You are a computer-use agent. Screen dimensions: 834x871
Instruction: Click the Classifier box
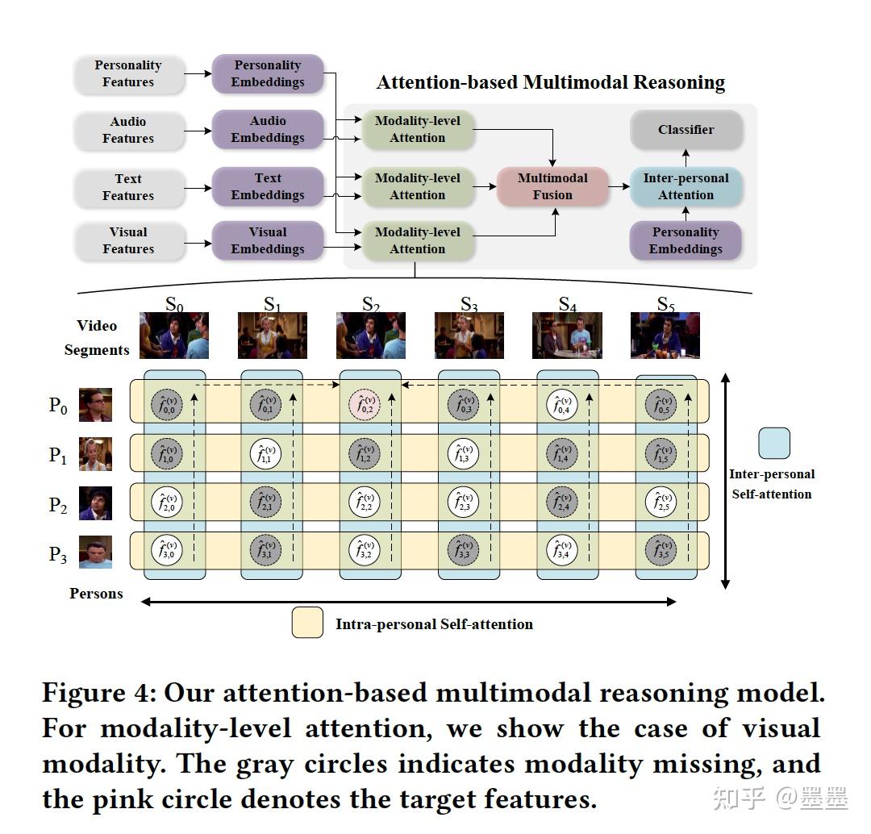(686, 130)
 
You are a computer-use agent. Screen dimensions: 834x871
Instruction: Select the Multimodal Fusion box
(552, 186)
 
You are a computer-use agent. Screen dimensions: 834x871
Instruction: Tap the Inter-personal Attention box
(686, 186)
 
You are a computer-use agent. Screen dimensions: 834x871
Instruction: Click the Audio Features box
(127, 130)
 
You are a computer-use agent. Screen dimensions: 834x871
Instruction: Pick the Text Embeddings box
(268, 186)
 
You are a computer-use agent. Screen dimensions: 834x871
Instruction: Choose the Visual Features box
(127, 240)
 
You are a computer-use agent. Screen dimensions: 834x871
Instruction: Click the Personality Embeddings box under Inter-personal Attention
(686, 240)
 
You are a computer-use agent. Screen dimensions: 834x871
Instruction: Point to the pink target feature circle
(365, 405)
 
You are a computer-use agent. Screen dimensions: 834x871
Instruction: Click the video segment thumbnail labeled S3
(469, 336)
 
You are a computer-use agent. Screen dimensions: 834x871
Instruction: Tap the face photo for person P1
(95, 454)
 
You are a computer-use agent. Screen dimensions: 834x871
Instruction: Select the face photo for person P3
(95, 553)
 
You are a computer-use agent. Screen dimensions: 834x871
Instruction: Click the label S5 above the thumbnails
(665, 305)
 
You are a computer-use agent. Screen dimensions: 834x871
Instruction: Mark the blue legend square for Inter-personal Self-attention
(773, 443)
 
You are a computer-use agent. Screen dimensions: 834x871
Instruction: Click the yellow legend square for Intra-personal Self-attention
(307, 623)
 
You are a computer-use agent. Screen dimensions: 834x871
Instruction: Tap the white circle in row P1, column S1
(265, 454)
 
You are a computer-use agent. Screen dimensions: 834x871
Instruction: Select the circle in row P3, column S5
(660, 553)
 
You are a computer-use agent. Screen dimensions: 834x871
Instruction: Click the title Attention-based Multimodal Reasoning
(551, 83)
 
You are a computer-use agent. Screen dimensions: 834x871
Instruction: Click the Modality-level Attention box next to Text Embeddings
(417, 186)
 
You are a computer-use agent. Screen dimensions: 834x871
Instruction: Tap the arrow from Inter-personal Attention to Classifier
(686, 158)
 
